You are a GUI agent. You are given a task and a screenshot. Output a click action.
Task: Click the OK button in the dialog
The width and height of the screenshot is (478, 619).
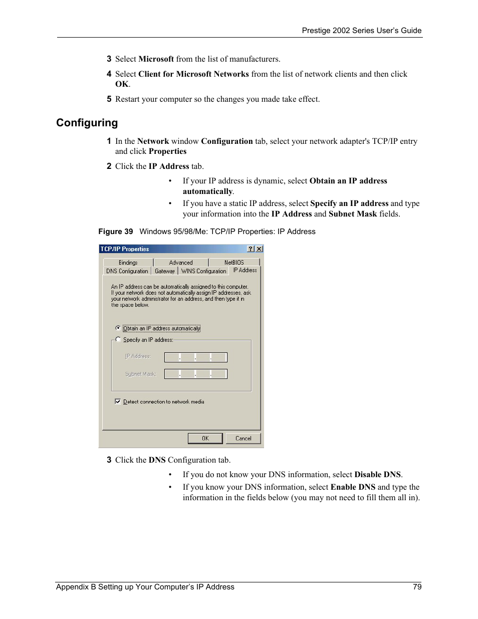[205, 439]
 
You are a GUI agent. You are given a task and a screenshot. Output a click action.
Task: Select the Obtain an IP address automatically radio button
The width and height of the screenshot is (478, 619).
[118, 328]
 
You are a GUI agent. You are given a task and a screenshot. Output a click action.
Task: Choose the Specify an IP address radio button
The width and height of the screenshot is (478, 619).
[118, 339]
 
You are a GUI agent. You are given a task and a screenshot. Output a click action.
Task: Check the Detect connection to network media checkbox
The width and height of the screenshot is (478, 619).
[118, 401]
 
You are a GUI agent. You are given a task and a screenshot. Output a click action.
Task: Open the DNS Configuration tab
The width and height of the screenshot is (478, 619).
[127, 271]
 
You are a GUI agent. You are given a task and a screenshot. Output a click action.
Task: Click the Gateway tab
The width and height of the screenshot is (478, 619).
[164, 271]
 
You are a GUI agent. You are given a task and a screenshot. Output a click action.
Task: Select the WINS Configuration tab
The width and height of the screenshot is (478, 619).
[203, 271]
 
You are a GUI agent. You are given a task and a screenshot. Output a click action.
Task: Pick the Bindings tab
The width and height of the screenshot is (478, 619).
[128, 263]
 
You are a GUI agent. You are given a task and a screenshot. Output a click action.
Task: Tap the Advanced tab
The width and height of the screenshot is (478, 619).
[181, 263]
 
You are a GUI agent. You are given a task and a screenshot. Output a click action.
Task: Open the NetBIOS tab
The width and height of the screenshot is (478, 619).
[234, 263]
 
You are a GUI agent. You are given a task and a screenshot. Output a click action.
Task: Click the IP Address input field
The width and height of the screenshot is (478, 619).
[195, 357]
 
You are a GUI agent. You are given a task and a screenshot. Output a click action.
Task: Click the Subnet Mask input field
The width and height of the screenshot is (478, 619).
[195, 374]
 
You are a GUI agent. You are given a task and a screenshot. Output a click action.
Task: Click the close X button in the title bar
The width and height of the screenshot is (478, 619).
[259, 249]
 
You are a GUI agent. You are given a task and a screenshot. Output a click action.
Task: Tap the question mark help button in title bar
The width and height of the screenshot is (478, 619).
[251, 249]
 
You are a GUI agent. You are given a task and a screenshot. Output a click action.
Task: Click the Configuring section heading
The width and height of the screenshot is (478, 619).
[87, 123]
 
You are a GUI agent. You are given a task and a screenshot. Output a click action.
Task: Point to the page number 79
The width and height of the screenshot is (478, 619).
[417, 587]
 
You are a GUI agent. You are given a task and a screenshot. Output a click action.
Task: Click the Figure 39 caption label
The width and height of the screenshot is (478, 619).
[116, 232]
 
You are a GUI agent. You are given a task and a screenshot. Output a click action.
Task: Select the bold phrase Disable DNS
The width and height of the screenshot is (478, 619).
[377, 475]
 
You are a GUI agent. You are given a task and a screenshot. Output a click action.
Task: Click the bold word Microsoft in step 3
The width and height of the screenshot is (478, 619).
[156, 59]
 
